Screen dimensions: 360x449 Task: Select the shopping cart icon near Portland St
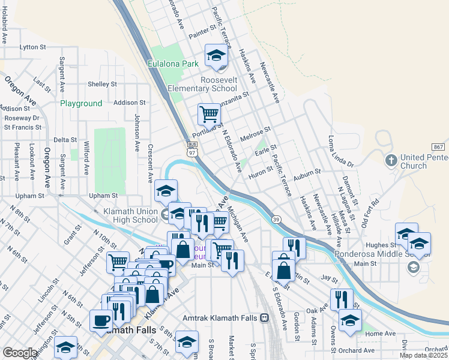click(x=209, y=113)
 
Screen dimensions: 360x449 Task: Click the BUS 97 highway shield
click(x=192, y=148)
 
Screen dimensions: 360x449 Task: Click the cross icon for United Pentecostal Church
click(x=391, y=161)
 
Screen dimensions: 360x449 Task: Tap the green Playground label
click(x=81, y=103)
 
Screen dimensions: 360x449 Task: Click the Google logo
click(x=20, y=353)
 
